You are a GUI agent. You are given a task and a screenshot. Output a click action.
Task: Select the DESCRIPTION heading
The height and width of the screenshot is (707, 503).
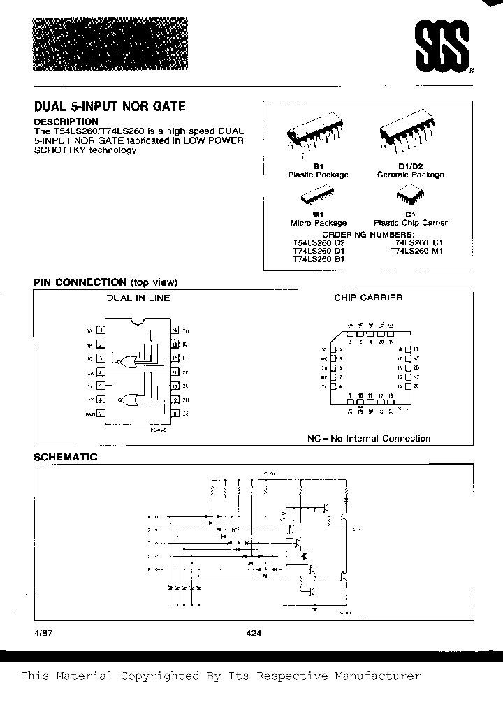[67, 121]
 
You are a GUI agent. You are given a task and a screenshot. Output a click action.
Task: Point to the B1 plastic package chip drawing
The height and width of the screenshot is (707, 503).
[319, 137]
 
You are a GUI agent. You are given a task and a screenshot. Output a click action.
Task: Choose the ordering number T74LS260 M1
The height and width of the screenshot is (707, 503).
[417, 250]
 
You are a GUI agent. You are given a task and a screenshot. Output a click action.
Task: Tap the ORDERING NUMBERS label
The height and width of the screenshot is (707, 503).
[368, 233]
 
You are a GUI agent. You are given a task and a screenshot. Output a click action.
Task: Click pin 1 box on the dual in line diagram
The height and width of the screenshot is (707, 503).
[101, 329]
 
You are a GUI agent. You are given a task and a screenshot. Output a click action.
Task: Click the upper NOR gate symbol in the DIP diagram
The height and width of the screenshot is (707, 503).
[128, 362]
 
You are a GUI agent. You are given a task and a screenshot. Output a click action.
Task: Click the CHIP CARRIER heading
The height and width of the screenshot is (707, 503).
[368, 298]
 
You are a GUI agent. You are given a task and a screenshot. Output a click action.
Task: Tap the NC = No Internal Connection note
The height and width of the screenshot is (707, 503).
[369, 439]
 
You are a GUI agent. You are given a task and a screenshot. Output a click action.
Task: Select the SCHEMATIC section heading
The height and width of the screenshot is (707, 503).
[66, 457]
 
